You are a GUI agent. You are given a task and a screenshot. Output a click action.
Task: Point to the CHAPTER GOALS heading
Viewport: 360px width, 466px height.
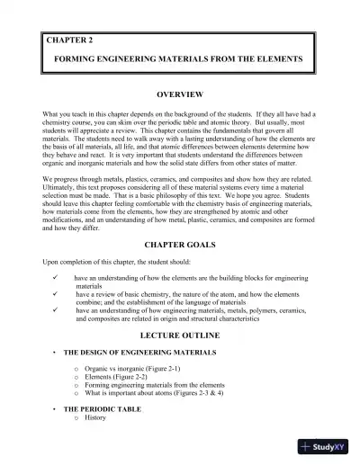(x=180, y=245)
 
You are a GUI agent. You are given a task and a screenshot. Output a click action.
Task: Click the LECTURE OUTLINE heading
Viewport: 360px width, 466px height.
(x=180, y=331)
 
